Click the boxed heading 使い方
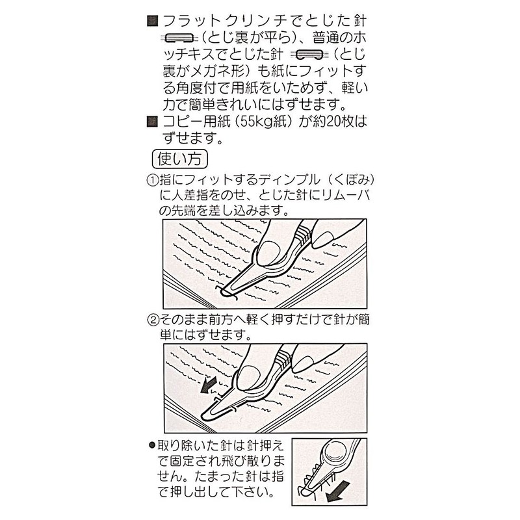click(179, 159)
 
